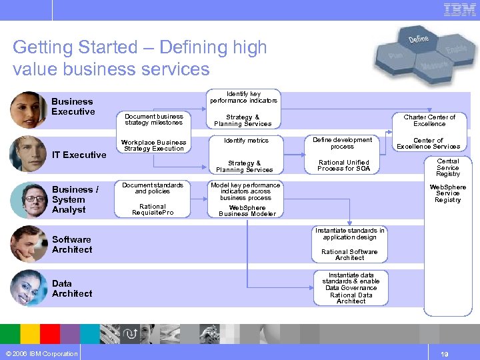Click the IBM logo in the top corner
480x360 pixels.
460,10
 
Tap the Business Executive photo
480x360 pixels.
28,109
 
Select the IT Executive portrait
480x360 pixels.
28,154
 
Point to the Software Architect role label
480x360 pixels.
72,244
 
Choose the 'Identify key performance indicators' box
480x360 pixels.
243,97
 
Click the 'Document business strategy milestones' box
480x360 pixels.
154,119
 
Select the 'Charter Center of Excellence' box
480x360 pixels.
429,120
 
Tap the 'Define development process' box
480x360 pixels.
343,143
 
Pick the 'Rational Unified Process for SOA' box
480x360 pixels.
343,165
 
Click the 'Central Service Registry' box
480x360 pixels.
447,167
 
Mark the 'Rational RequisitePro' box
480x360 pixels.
153,209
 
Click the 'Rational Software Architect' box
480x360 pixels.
349,254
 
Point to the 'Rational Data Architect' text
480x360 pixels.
351,298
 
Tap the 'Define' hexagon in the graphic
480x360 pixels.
418,39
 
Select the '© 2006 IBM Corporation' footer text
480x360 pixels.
41,353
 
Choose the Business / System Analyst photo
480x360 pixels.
28,199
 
